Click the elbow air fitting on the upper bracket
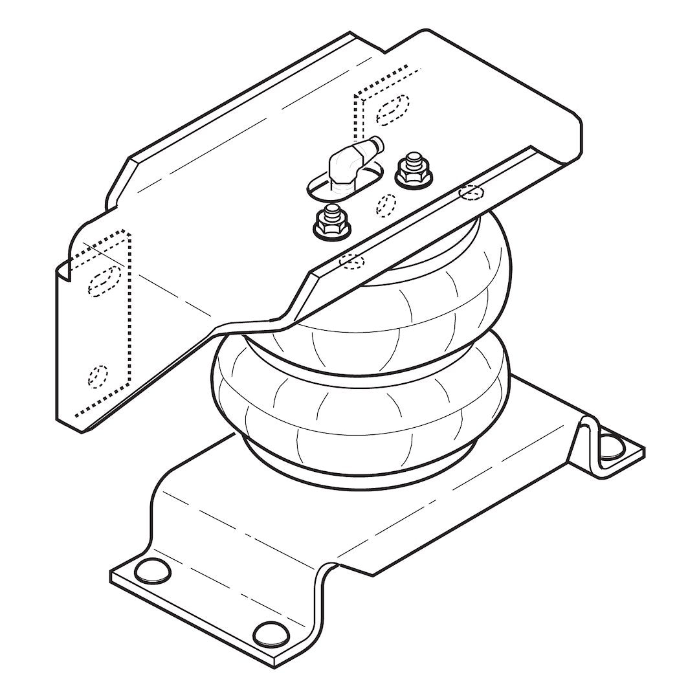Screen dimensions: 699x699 coord(344,164)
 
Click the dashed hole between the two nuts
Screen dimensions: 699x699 coord(386,204)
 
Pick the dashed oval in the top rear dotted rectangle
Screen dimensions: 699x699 coord(394,108)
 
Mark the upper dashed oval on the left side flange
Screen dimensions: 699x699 coord(104,279)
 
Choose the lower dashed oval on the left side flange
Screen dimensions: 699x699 coord(98,375)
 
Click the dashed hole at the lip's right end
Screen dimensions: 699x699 coord(471,193)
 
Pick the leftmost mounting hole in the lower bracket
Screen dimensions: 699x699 coord(150,570)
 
